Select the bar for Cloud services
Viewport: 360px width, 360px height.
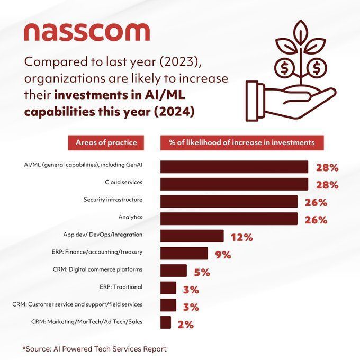[x=234, y=184]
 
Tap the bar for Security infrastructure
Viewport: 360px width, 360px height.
[x=229, y=202]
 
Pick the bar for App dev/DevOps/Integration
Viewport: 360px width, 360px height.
[x=192, y=236]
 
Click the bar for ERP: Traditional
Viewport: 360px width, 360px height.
[x=168, y=288]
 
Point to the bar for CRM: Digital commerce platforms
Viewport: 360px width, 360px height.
[x=173, y=271]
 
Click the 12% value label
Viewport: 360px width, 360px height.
[x=241, y=237]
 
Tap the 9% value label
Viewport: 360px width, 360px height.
[x=223, y=255]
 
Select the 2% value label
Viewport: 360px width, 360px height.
[x=185, y=324]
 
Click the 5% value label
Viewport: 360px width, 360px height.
[x=202, y=272]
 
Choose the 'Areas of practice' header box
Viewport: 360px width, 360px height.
[x=106, y=142]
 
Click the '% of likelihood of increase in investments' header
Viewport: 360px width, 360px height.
[x=241, y=142]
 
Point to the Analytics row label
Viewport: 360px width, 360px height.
[x=131, y=217]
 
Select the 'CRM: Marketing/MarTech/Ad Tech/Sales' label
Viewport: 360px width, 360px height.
[x=87, y=321]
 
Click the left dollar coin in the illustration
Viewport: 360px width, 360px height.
[x=284, y=67]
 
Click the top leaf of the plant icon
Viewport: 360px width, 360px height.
[x=301, y=31]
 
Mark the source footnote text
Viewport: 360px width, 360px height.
[x=94, y=349]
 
